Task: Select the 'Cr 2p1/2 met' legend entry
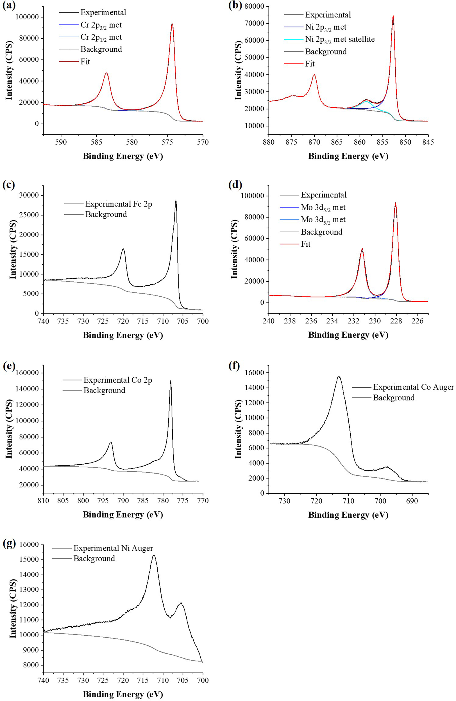point(101,37)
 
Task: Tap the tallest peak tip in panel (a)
point(172,24)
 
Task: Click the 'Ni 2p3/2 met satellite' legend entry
point(340,39)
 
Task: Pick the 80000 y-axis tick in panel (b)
point(254,6)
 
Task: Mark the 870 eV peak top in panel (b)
point(314,75)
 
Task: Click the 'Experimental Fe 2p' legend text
point(119,204)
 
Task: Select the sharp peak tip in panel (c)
point(176,200)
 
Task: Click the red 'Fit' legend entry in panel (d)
point(306,244)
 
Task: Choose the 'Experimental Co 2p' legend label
point(118,380)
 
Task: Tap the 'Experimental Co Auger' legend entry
point(413,387)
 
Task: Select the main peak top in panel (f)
point(339,377)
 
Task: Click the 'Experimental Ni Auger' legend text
point(113,548)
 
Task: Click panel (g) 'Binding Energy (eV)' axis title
point(123,694)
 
